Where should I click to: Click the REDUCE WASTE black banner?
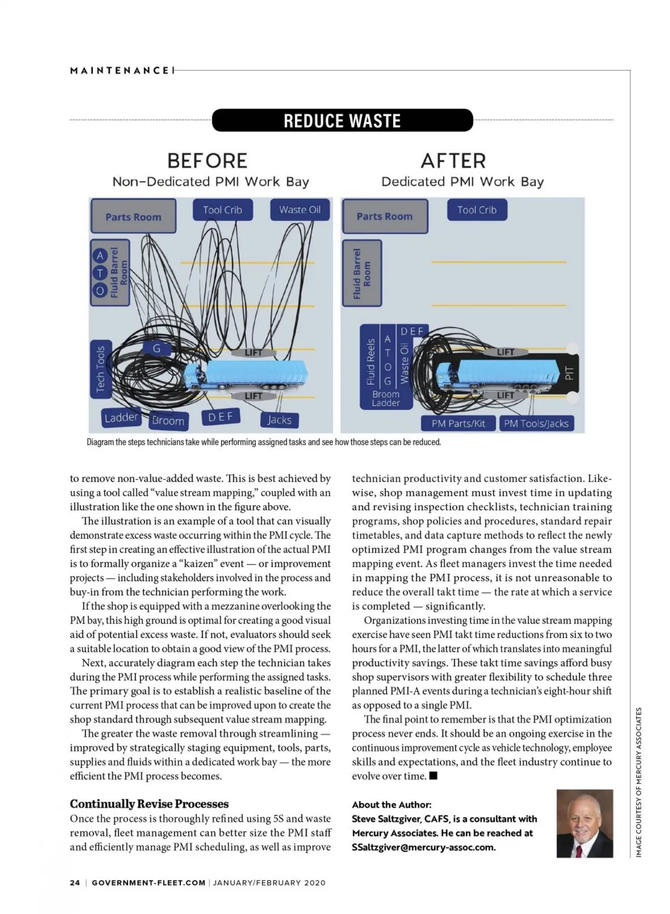pos(342,121)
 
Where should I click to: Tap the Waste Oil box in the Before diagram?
pos(300,210)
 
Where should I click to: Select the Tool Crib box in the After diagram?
pos(477,210)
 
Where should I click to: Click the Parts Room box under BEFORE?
pos(133,217)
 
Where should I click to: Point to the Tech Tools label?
pos(101,369)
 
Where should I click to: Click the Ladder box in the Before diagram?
pos(121,417)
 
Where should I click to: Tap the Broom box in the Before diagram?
pos(168,421)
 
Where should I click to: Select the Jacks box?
pos(280,420)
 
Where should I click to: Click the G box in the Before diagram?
pos(156,348)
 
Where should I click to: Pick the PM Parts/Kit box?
pos(458,424)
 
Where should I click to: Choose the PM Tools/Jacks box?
pos(536,424)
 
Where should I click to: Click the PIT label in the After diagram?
pos(569,373)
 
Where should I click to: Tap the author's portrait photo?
pos(585,824)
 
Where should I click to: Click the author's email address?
pos(424,847)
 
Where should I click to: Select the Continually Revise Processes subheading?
pos(150,804)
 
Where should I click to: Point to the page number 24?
pos(75,883)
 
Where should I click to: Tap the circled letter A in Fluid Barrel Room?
pos(100,256)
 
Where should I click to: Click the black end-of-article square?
pos(433,776)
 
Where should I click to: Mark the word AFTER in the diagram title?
pos(453,161)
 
